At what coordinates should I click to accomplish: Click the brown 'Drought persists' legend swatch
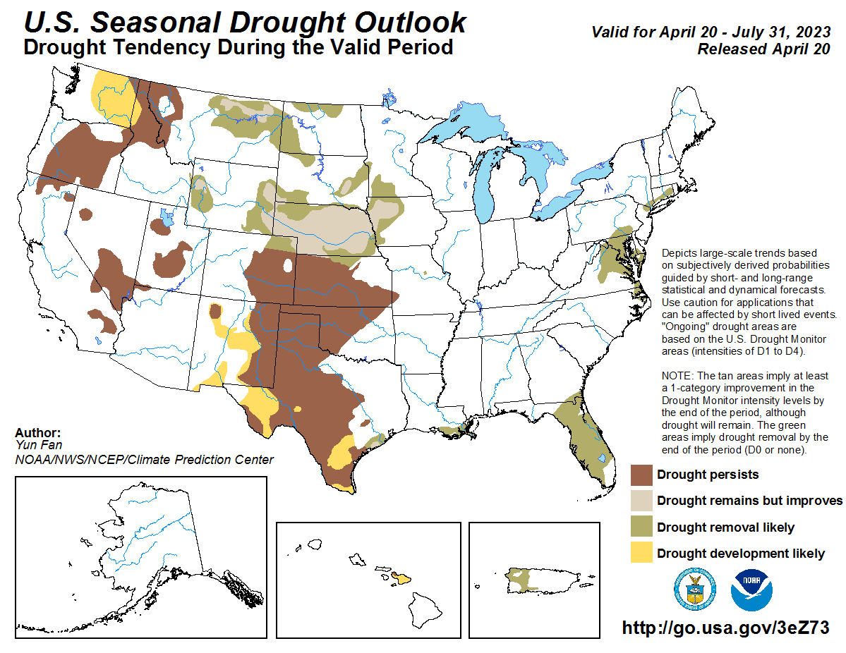pyautogui.click(x=641, y=475)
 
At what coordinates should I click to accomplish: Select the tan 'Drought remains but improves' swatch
pyautogui.click(x=641, y=501)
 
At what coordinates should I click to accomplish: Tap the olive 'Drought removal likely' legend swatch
pyautogui.click(x=641, y=527)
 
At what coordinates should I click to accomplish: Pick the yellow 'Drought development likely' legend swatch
pyautogui.click(x=641, y=554)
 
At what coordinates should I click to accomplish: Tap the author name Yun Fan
pyautogui.click(x=32, y=446)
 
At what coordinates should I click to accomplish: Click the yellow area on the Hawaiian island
pyautogui.click(x=401, y=579)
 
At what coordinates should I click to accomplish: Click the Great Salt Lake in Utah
pyautogui.click(x=165, y=219)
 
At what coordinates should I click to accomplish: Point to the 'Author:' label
pyautogui.click(x=37, y=433)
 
